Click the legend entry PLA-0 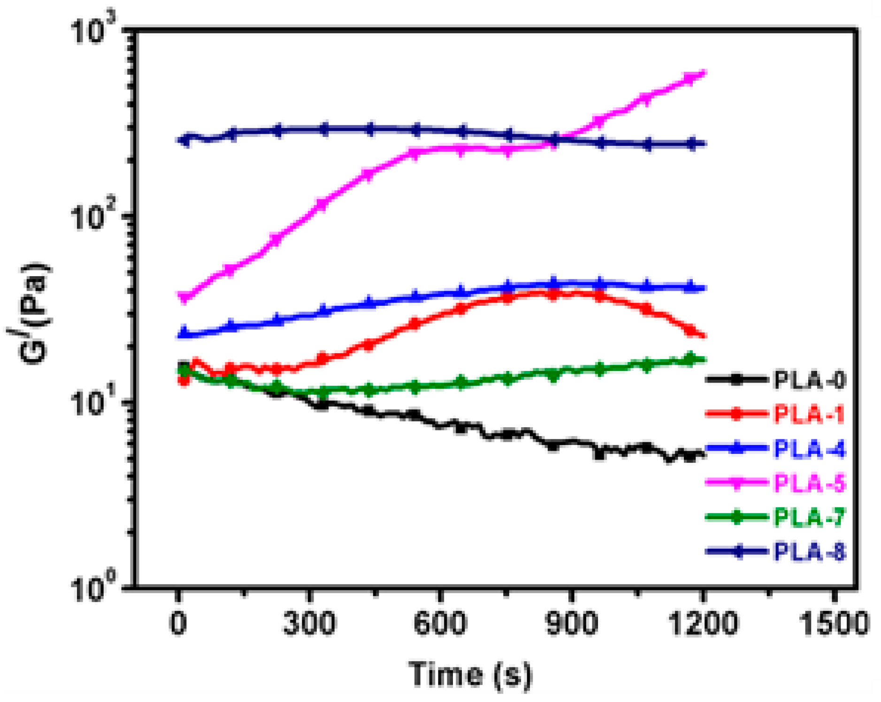click(x=808, y=379)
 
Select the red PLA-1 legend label click(x=808, y=414)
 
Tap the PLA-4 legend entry click(x=808, y=448)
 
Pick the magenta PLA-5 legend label click(x=808, y=483)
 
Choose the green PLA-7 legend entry click(x=808, y=517)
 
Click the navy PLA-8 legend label click(x=808, y=551)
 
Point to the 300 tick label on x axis click(x=309, y=624)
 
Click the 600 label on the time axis click(x=440, y=624)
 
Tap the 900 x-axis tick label click(x=571, y=624)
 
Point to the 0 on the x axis click(x=178, y=624)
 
